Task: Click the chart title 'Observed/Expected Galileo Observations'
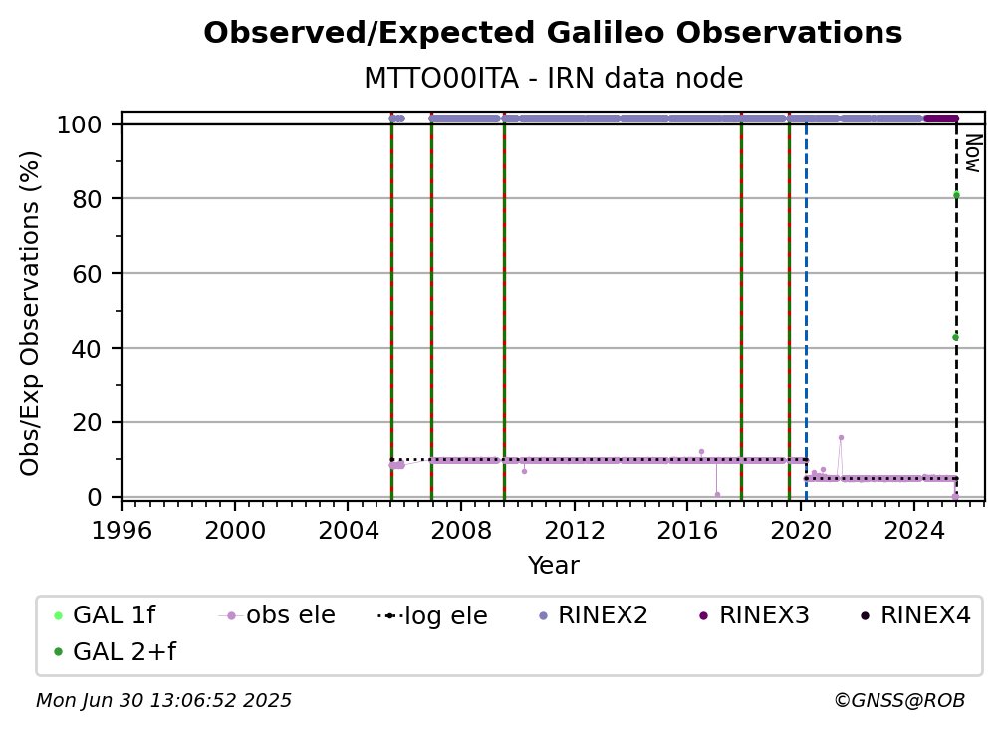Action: (x=553, y=33)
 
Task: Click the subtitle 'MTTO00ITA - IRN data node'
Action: (x=553, y=78)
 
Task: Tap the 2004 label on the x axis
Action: (x=348, y=530)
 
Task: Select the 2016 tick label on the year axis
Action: (x=687, y=530)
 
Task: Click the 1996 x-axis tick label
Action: (x=122, y=530)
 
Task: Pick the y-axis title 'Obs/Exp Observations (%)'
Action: (x=30, y=314)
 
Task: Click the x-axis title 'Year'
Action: (x=553, y=566)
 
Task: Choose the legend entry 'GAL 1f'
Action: (x=105, y=615)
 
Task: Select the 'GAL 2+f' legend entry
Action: (x=115, y=651)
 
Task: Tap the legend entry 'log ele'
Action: (x=433, y=615)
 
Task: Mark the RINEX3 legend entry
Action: (x=754, y=615)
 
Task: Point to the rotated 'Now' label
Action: (x=972, y=153)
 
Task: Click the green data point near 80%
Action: (x=956, y=195)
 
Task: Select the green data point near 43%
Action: (x=956, y=337)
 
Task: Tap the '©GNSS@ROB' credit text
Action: (x=899, y=701)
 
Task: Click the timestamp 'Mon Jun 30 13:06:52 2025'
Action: (x=163, y=701)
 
